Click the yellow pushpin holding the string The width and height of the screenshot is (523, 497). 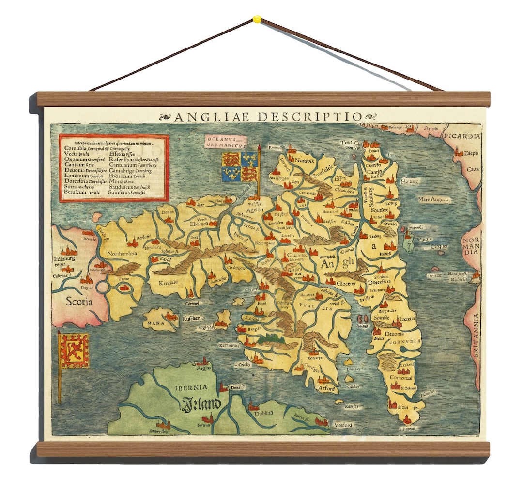257,19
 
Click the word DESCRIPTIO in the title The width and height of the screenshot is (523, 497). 310,117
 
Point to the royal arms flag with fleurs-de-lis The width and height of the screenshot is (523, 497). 239,167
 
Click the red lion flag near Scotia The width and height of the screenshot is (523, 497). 74,350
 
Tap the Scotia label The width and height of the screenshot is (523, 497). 78,301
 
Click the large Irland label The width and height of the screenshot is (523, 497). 201,404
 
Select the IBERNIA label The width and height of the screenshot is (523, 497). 191,387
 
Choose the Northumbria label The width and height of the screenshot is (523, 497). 122,253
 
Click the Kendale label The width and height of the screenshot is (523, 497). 167,282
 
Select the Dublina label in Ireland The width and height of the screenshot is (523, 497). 263,413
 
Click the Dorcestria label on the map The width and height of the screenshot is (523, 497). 379,281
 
